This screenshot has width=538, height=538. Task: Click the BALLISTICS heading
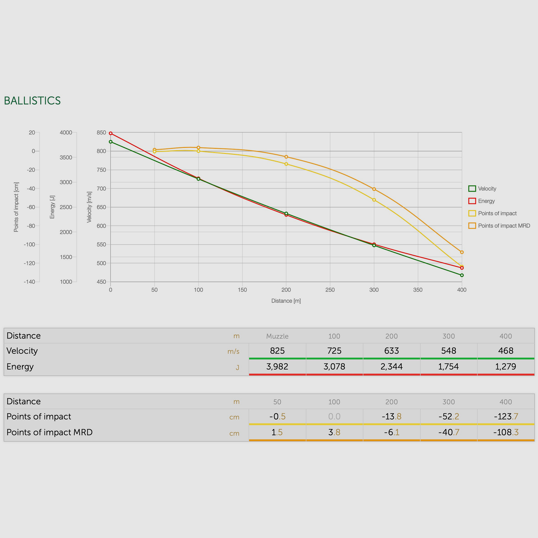(x=32, y=101)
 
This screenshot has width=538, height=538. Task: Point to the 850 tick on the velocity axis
(x=101, y=133)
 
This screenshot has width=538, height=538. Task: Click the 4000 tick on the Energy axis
(x=66, y=133)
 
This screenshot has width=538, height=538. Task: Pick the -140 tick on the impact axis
(x=30, y=282)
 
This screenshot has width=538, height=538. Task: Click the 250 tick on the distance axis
(x=330, y=290)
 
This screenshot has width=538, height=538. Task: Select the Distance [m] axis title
(x=286, y=301)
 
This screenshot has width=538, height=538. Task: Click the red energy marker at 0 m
(x=111, y=133)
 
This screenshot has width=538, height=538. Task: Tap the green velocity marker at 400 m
(x=462, y=275)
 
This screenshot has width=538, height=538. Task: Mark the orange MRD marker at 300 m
(x=374, y=189)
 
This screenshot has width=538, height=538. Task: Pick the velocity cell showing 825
(x=277, y=351)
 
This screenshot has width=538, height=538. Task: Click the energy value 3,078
(x=334, y=367)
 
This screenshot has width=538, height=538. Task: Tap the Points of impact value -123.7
(x=506, y=417)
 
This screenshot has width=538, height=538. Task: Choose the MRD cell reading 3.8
(x=334, y=432)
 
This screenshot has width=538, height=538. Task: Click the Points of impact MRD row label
(x=50, y=432)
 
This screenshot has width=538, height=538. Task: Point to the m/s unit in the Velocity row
(x=233, y=351)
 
